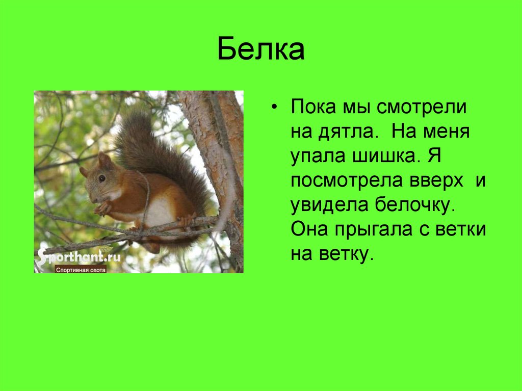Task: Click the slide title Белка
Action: [x=261, y=49]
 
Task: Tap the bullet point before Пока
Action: [x=276, y=109]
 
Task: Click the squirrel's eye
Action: [x=102, y=178]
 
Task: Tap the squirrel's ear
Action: [x=104, y=160]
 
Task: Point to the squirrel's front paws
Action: [x=101, y=207]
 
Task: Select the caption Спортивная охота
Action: [x=81, y=270]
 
